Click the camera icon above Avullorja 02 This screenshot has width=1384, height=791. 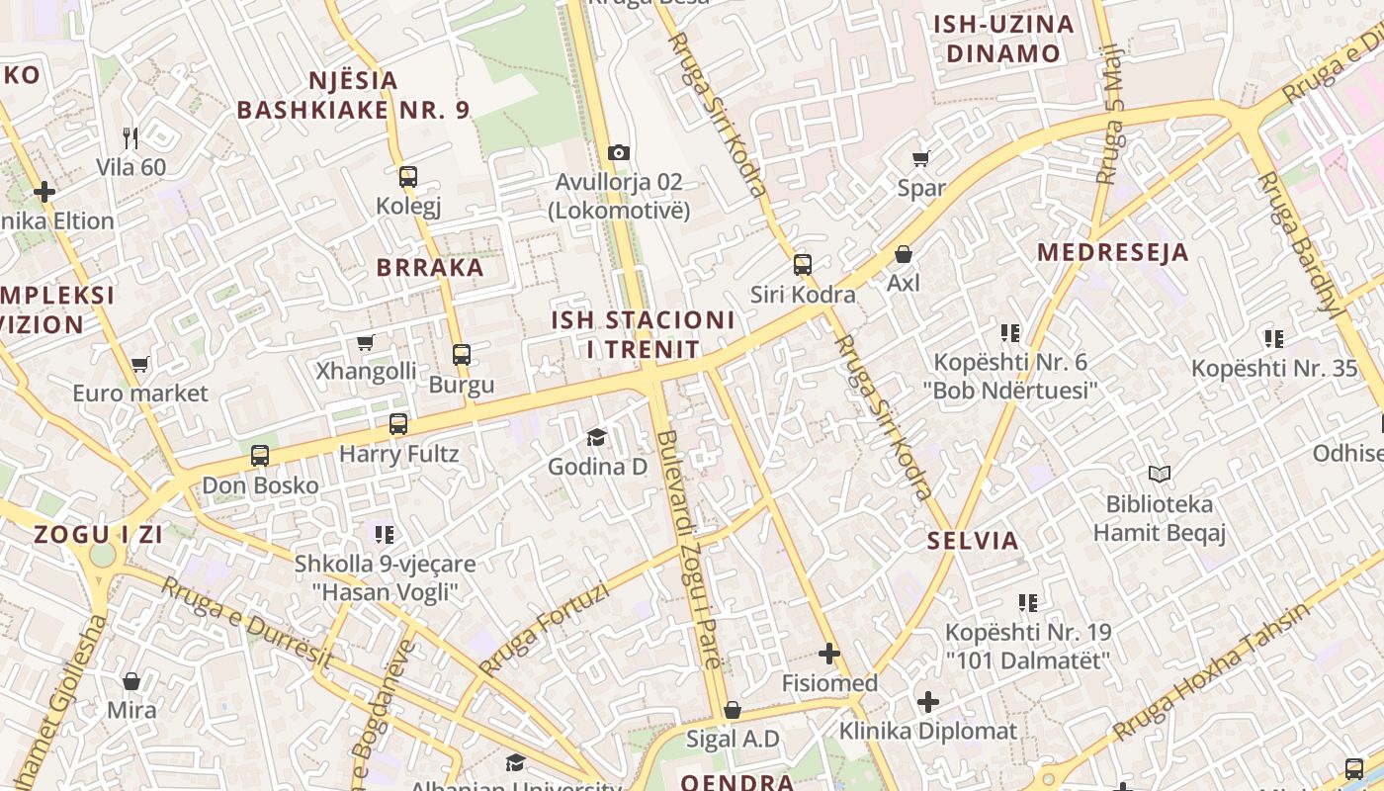coord(619,152)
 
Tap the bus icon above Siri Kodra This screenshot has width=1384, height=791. coord(803,264)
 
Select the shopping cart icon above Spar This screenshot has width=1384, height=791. coord(921,158)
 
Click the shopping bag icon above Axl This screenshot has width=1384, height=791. coord(904,254)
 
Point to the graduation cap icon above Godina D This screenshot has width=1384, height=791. coord(596,437)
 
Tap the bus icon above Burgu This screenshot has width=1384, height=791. coord(462,354)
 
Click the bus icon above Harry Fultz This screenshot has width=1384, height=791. coord(398,424)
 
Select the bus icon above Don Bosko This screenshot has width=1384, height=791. coord(260,456)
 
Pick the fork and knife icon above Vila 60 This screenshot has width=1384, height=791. coord(130,137)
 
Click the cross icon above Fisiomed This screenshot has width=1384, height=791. coord(829,654)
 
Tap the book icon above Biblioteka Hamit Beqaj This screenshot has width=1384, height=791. coord(1160,475)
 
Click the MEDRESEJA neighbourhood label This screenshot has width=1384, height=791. coord(1112,252)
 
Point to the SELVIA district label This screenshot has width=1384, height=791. coord(973,541)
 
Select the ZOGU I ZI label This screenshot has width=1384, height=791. coord(98,535)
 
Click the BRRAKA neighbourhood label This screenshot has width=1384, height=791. coord(430,268)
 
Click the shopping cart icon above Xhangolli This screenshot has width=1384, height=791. coord(366,342)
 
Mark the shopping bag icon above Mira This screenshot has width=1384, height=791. coord(131,681)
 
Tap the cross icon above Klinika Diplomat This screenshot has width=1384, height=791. coord(927,702)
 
